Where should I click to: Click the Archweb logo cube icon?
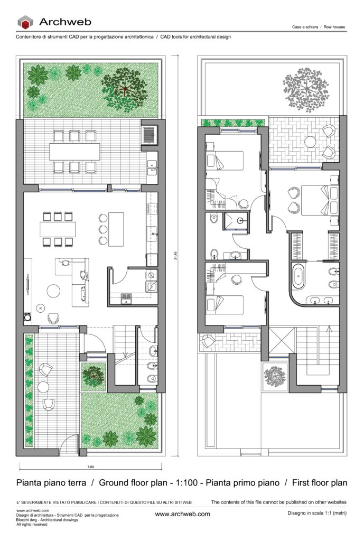[x=25, y=22]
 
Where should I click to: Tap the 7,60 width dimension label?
[x=90, y=468]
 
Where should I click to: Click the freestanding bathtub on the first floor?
[x=298, y=277]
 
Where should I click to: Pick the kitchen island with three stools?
[x=115, y=229]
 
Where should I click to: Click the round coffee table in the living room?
[x=54, y=292]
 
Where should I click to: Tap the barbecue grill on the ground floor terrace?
[x=149, y=134]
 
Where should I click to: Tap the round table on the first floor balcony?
[x=311, y=142]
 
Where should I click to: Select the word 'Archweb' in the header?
[x=65, y=22]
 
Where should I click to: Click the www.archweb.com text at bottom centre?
[x=182, y=514]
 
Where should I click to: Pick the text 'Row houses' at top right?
[x=335, y=26]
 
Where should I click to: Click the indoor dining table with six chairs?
[x=57, y=229]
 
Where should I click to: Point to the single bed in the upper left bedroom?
[x=226, y=160]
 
